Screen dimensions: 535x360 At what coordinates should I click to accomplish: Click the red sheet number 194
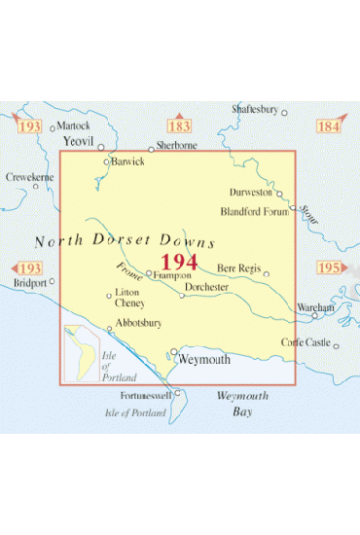coord(179,263)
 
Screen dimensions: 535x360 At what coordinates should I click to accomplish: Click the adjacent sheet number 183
coord(180,126)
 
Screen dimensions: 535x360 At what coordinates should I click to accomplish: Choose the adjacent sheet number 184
coord(329,126)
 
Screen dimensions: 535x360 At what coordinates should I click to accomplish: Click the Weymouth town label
coord(205,360)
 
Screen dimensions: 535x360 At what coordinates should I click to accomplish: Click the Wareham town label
coord(316,307)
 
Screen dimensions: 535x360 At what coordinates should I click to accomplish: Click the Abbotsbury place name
coord(137,322)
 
